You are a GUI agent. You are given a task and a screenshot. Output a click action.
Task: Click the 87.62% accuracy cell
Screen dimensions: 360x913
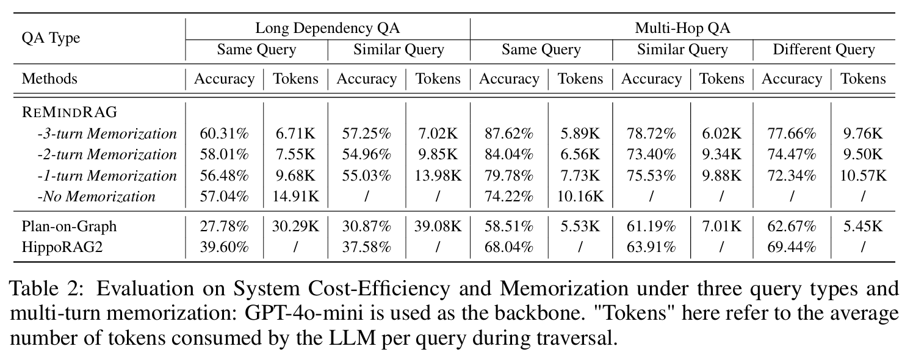coord(509,134)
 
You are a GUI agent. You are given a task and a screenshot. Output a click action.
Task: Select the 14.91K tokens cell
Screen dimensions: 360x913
coord(295,196)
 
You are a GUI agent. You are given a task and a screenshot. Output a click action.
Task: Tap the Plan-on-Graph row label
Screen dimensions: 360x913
coord(69,226)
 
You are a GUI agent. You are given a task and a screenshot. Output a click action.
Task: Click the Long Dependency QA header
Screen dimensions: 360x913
coord(327,28)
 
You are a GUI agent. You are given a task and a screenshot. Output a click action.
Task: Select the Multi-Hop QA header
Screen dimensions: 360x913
coord(682,28)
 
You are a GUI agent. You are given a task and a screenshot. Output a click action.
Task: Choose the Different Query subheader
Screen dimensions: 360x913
coord(824,49)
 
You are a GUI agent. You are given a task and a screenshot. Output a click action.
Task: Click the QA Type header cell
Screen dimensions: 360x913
coord(51,38)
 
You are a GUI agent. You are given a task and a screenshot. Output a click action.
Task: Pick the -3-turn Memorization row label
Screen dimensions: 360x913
coord(107,134)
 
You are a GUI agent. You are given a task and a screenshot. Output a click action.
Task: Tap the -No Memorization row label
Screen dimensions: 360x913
coord(96,196)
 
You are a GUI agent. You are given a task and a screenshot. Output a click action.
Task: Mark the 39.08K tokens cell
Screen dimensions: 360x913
coord(438,226)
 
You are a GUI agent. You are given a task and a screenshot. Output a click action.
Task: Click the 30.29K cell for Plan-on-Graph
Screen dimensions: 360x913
coord(295,226)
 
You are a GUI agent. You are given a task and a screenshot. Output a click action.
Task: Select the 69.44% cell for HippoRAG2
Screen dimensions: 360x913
coord(792,247)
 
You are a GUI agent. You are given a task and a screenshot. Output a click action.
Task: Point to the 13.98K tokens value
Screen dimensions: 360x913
coord(438,176)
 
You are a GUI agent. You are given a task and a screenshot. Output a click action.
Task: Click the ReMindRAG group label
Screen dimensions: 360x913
coord(69,112)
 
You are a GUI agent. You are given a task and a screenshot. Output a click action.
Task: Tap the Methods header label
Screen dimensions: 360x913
coord(49,79)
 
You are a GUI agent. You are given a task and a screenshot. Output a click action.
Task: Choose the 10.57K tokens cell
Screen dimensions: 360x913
coord(862,176)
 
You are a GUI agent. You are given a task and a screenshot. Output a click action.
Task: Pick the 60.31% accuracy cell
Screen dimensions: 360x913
coord(224,134)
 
